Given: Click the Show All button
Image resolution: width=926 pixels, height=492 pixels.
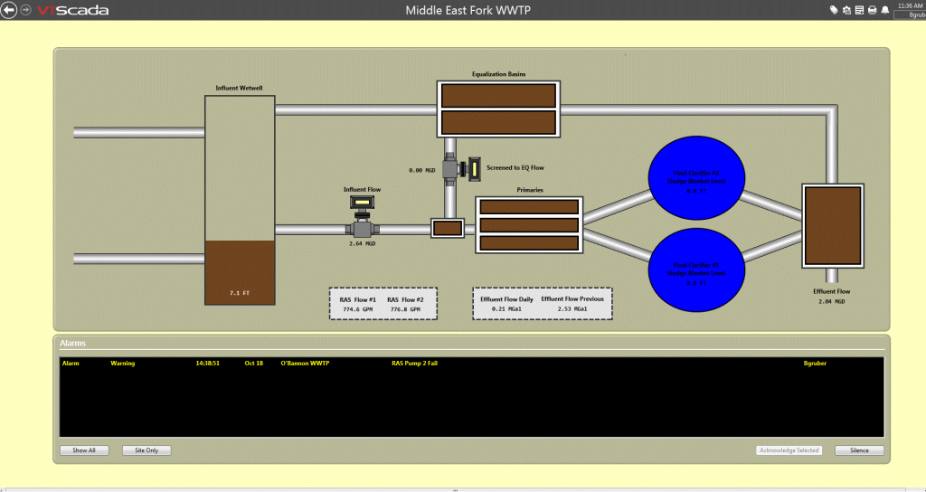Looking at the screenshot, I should tap(84, 450).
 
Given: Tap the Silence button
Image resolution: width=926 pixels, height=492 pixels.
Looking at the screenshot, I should tap(859, 450).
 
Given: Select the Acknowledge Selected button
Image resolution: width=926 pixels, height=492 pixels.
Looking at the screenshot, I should tap(789, 450).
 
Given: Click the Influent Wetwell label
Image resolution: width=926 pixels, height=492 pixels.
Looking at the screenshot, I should tap(239, 88).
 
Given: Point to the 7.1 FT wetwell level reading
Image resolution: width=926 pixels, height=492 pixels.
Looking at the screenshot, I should tap(239, 294).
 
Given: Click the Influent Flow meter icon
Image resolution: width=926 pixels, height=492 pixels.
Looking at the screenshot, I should tap(362, 203).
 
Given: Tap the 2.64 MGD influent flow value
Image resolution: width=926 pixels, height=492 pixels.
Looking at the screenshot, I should tap(362, 243).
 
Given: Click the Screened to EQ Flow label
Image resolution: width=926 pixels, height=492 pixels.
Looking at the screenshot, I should tap(515, 168).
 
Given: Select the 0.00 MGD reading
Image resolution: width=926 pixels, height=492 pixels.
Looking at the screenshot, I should tap(422, 169).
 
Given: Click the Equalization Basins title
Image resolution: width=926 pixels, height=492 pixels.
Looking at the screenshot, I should tap(498, 74).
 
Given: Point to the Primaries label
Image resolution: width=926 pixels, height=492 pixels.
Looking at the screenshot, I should tap(529, 191).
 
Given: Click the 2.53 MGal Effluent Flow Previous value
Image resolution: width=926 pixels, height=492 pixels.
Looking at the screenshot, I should tap(572, 309).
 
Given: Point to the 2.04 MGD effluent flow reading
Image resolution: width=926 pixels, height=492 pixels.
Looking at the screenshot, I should tap(832, 301).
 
